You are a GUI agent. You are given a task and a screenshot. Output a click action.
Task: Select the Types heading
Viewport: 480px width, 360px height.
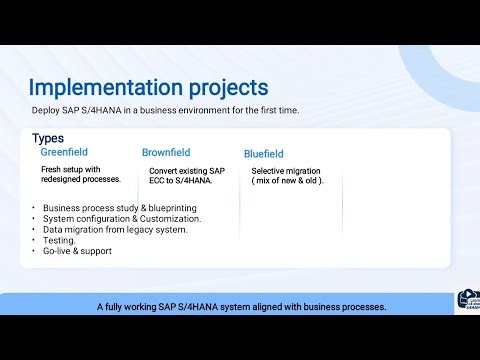(48, 138)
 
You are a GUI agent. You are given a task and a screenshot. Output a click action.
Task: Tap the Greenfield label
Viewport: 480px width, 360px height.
(65, 152)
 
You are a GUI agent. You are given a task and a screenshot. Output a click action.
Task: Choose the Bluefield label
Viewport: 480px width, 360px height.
(264, 154)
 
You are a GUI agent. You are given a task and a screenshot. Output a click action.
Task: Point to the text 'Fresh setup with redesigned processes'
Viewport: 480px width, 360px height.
(81, 174)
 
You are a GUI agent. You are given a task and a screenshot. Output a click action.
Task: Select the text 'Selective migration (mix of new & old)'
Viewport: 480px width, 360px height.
(288, 175)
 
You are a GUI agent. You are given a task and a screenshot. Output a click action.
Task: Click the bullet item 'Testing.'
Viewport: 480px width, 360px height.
(59, 240)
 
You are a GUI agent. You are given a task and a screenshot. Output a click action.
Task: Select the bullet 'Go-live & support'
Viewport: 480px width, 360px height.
(77, 251)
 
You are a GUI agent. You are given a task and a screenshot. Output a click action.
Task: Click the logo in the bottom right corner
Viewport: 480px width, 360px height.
(466, 301)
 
